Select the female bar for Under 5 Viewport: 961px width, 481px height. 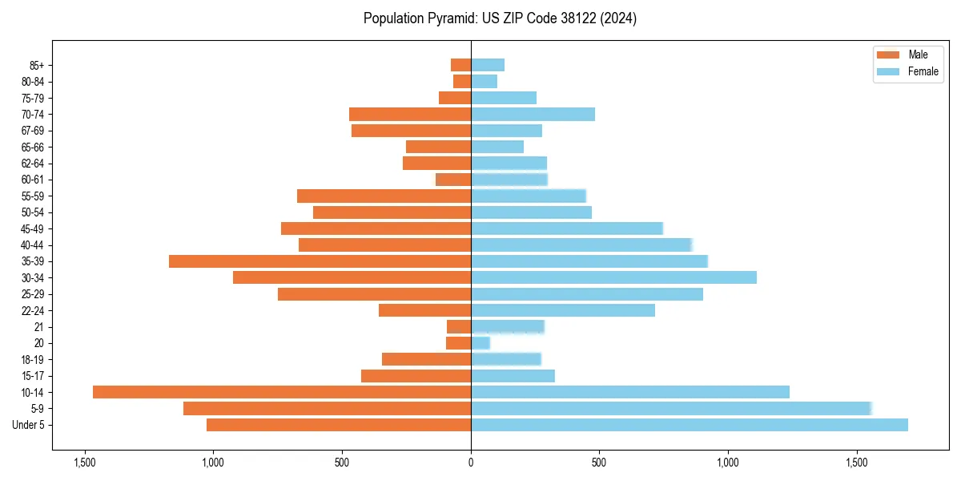click(689, 425)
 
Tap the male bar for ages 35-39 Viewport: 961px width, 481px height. click(320, 261)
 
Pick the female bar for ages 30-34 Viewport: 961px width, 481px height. click(613, 277)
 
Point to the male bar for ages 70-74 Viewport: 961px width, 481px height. click(410, 114)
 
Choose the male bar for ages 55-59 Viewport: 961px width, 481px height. click(384, 196)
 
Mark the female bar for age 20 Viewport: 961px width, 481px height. click(480, 343)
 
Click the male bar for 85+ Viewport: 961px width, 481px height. click(461, 65)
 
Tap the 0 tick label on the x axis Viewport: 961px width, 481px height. click(471, 463)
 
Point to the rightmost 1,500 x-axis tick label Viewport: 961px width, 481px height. click(857, 463)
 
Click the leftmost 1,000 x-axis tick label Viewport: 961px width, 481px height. click(213, 463)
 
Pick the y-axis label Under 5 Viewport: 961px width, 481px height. click(29, 425)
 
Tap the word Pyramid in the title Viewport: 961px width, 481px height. click(445, 18)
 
